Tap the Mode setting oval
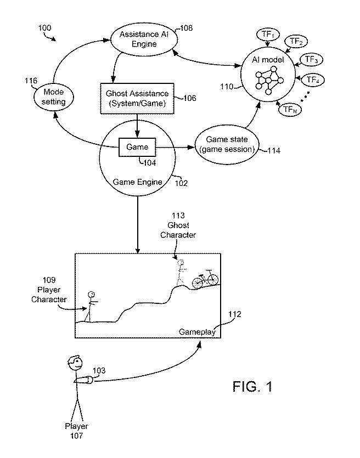(x=54, y=98)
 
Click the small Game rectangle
(x=137, y=147)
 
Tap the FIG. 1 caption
(x=251, y=386)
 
